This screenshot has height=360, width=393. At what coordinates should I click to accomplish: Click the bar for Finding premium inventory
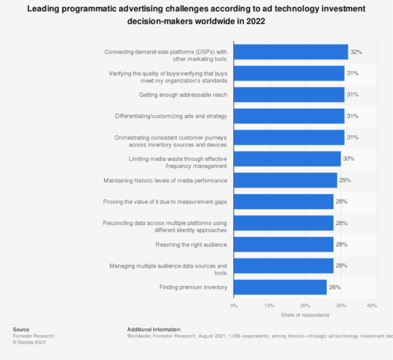pyautogui.click(x=280, y=287)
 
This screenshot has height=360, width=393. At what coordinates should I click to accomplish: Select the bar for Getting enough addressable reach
pyautogui.click(x=289, y=94)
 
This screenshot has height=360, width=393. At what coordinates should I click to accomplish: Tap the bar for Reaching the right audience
pyautogui.click(x=283, y=245)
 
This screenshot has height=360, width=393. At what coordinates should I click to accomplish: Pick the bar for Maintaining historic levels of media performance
pyautogui.click(x=285, y=180)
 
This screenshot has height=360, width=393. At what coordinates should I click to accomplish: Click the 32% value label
pyautogui.click(x=356, y=51)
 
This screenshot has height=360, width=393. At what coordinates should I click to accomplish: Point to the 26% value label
pyautogui.click(x=334, y=287)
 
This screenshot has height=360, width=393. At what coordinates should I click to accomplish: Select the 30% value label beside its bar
pyautogui.click(x=348, y=159)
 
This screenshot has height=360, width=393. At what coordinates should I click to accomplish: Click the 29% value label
pyautogui.click(x=345, y=180)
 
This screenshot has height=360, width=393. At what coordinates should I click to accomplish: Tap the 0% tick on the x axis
pyautogui.click(x=234, y=305)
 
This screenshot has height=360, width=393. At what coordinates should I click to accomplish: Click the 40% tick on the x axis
pyautogui.click(x=371, y=305)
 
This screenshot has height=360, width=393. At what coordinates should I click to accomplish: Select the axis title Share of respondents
pyautogui.click(x=302, y=315)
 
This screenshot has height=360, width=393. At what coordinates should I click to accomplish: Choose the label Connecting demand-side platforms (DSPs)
pyautogui.click(x=166, y=51)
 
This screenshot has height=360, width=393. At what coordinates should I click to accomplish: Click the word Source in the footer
pyautogui.click(x=22, y=329)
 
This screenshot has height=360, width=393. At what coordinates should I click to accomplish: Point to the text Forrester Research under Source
pyautogui.click(x=33, y=336)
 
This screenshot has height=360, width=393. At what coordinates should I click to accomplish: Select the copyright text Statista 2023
pyautogui.click(x=31, y=342)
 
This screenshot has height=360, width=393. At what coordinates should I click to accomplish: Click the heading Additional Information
pyautogui.click(x=154, y=329)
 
